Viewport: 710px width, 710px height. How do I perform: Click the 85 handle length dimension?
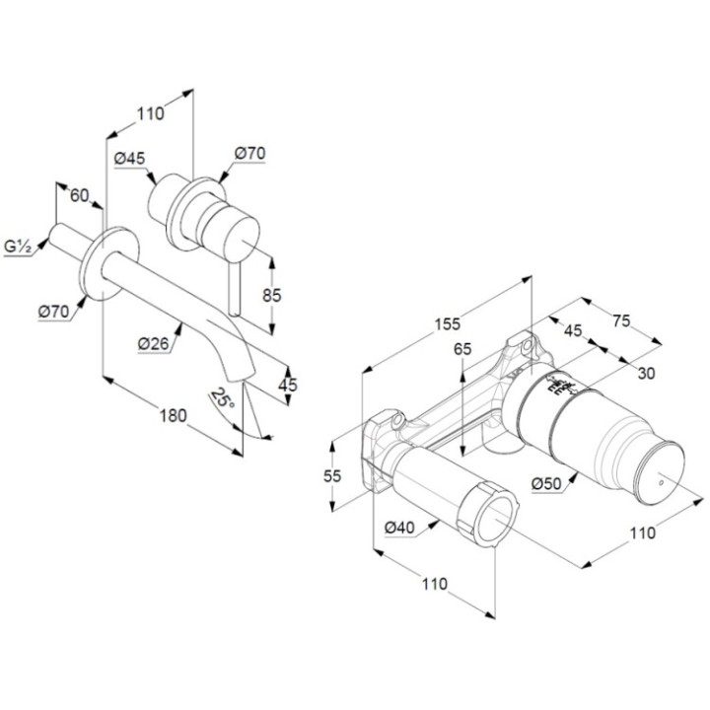click(273, 294)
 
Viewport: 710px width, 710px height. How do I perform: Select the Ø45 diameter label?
click(130, 159)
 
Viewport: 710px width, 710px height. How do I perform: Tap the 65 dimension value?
click(463, 349)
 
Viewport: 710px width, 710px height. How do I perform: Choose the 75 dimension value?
click(620, 320)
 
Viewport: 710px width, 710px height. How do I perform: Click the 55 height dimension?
click(332, 475)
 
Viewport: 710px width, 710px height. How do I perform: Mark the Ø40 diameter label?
click(398, 528)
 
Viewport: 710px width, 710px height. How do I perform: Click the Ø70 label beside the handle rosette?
click(250, 153)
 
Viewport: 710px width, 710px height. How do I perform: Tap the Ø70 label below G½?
click(53, 312)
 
